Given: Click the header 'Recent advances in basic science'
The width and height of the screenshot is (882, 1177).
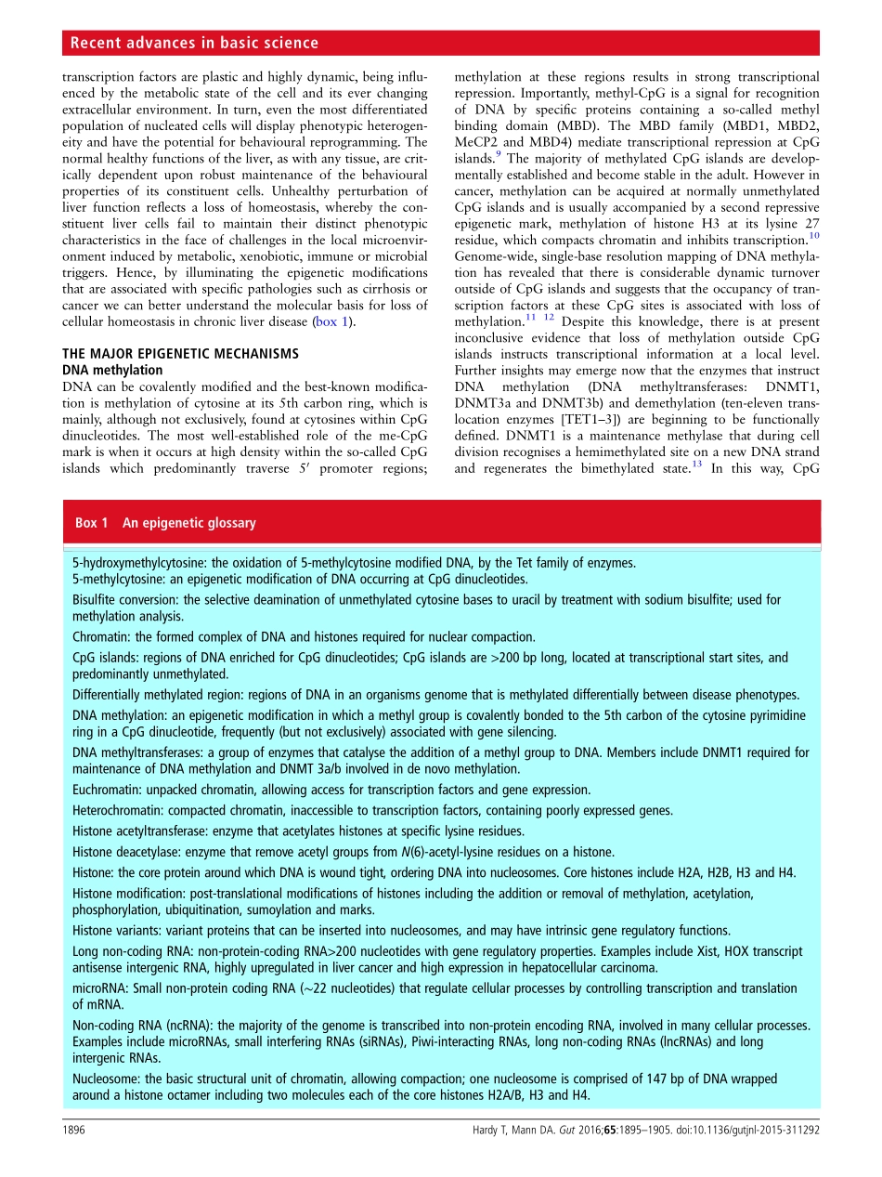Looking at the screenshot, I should pos(194,43).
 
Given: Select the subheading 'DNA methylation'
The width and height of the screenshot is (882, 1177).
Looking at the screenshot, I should pos(111,369).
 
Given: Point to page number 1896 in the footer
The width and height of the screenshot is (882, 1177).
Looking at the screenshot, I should pos(74,1132).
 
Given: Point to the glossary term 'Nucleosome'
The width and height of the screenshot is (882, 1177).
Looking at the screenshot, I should pos(104,1079).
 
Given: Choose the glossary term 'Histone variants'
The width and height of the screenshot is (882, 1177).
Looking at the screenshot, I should pos(114,931).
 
